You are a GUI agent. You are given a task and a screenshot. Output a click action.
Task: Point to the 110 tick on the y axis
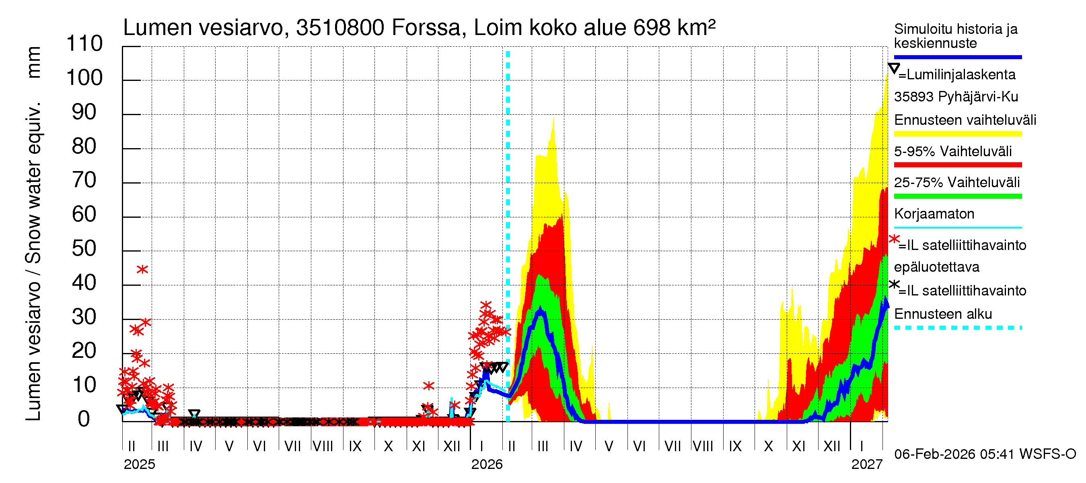click(x=84, y=44)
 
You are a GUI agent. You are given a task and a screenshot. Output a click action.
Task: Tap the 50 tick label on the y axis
click(x=84, y=248)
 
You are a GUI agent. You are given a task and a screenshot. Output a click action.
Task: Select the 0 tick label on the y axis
click(x=84, y=419)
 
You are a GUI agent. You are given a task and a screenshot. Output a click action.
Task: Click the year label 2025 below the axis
click(x=139, y=464)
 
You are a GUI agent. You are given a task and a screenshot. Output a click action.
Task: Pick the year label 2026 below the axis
click(x=487, y=464)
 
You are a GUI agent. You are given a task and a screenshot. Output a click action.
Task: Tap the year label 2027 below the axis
click(x=866, y=464)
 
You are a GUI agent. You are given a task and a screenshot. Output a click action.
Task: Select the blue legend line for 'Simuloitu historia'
click(x=957, y=57)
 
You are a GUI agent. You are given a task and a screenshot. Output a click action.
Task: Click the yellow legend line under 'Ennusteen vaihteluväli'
click(x=957, y=134)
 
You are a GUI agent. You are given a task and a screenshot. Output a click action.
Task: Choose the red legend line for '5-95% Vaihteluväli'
click(x=957, y=165)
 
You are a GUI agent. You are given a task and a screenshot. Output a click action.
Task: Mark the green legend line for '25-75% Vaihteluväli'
click(x=957, y=196)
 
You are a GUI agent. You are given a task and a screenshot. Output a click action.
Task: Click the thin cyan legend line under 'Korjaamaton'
click(x=957, y=227)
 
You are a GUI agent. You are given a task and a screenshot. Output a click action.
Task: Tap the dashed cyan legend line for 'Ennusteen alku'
click(x=957, y=327)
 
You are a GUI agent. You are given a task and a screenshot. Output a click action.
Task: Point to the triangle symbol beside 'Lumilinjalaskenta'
click(x=894, y=68)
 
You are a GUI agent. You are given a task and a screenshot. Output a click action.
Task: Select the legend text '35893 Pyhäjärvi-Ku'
click(x=956, y=97)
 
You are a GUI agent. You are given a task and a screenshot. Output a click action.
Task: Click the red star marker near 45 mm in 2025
click(x=142, y=269)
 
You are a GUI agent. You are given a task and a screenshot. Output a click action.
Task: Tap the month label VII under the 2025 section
click(x=292, y=446)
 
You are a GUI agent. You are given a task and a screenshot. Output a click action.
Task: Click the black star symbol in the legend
click(x=894, y=284)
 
